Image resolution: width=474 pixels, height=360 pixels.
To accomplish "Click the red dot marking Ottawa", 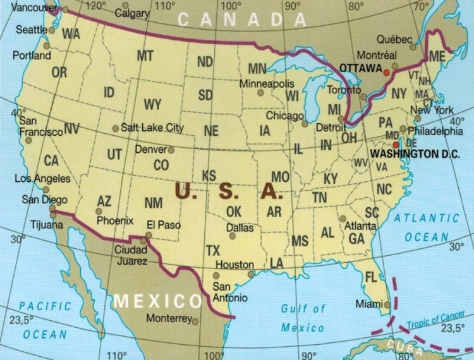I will pos(386,73).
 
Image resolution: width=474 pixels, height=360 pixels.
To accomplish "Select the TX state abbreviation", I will pos(213,251).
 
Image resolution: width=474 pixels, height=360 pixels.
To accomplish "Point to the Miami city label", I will pos(369,304).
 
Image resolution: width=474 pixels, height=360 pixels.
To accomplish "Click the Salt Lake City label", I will pos(152,128).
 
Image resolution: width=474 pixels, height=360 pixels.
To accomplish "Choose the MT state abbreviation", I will pos(145,56).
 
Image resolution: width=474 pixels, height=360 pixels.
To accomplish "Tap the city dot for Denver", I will pos(171,150).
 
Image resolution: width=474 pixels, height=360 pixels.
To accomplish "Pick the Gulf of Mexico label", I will pos(303,318).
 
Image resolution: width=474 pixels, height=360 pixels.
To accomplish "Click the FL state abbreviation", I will pos(371,277).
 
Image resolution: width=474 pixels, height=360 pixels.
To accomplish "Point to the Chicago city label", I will pos(284,116).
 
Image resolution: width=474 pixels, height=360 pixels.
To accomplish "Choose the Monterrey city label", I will pos(169,318).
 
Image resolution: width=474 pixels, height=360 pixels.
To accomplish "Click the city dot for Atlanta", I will pos(343,219).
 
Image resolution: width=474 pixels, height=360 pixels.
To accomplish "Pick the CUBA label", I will pos(406,345).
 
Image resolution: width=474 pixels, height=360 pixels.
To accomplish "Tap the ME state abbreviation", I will pos(437,56).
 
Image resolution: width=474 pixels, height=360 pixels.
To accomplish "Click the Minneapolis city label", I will pos(267,84).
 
